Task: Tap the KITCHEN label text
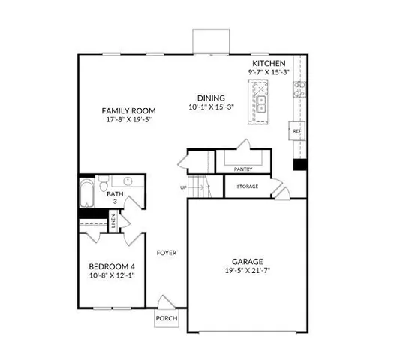(268, 63)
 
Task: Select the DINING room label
(211, 97)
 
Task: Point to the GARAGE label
(246, 261)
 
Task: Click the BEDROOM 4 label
(113, 266)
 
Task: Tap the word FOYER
(166, 253)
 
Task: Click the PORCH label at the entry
(166, 318)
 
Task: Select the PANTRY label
(243, 169)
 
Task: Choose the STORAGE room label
(248, 186)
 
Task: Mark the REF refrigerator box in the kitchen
(296, 131)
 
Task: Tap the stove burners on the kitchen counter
(299, 89)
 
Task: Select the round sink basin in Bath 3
(128, 181)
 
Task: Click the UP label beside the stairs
(183, 187)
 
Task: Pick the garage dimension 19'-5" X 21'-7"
(246, 271)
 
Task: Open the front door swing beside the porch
(164, 304)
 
